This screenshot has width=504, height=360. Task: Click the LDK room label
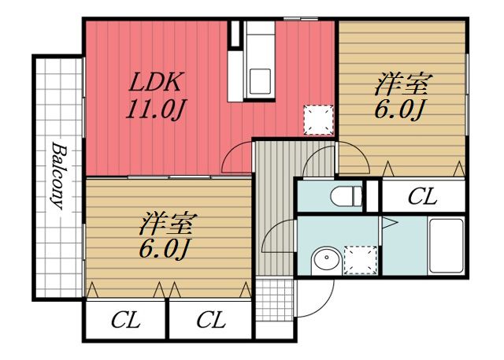click(x=157, y=81)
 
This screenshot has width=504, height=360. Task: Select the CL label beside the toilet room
click(x=423, y=197)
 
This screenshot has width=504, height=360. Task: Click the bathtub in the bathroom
click(x=446, y=245)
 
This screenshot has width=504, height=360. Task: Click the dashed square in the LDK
click(x=318, y=119)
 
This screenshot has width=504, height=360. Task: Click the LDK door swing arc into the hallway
click(x=236, y=158)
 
